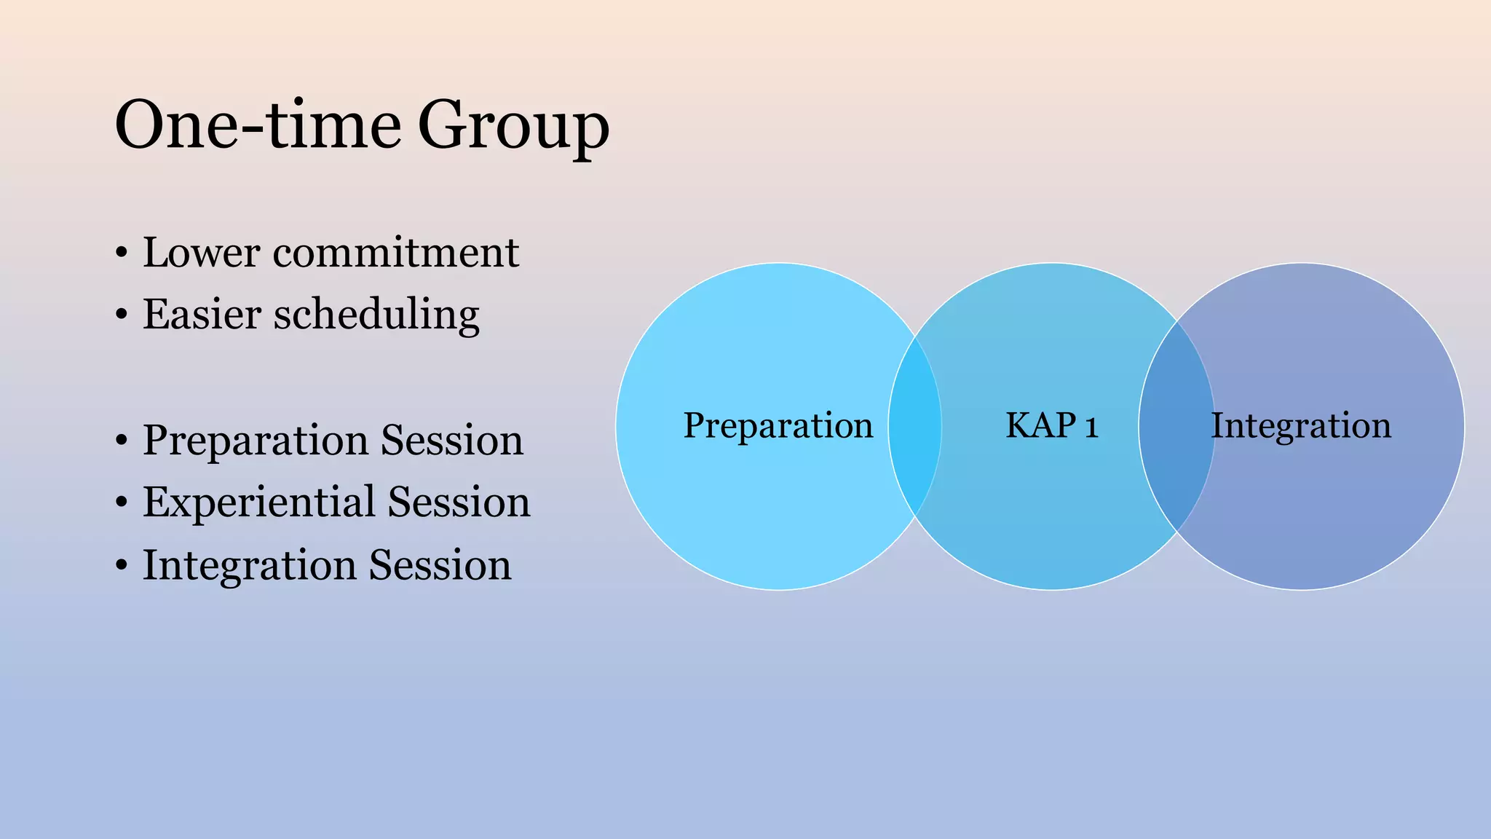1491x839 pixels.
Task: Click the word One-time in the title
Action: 257,125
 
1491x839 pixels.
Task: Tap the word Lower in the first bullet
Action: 201,253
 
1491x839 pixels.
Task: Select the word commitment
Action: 396,253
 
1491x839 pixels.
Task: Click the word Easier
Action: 202,315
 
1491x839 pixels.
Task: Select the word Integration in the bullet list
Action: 248,565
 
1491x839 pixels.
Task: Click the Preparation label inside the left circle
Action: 778,425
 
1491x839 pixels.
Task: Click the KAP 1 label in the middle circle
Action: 1051,425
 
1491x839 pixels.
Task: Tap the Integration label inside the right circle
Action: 1301,425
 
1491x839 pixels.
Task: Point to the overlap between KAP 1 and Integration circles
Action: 1176,426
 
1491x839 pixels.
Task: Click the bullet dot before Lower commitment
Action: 122,254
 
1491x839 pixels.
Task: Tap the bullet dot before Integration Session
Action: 122,566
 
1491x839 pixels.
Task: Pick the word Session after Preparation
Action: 452,441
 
